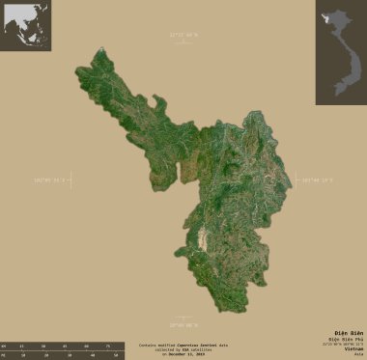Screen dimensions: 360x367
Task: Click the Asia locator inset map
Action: [26, 26]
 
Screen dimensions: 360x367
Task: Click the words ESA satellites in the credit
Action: [197, 349]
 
